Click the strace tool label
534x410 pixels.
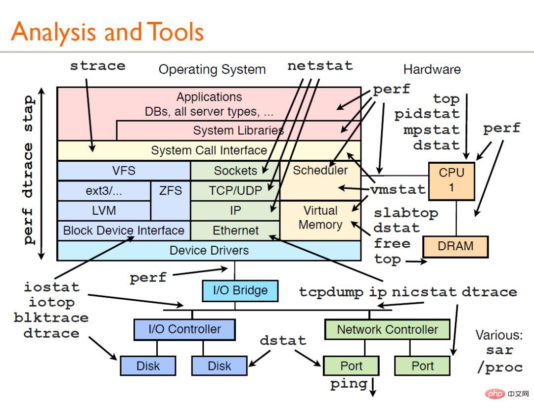coord(97,66)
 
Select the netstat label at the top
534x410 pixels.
coord(320,66)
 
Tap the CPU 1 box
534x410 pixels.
coord(451,181)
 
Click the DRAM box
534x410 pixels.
coord(455,246)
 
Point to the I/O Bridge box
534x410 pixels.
coord(240,291)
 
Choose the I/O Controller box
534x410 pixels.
coord(184,329)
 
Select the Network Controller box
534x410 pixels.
coord(387,329)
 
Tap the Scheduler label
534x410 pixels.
coord(320,171)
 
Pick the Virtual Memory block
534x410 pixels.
coord(320,218)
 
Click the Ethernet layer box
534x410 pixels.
coord(235,230)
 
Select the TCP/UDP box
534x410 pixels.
coord(235,190)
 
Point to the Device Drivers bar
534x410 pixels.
coord(209,251)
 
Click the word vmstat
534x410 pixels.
coord(399,189)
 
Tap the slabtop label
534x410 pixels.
coord(406,213)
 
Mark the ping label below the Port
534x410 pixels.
coord(349,384)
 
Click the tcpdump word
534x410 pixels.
coord(332,292)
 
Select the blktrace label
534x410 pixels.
coord(51,318)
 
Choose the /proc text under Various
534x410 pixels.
coord(499,367)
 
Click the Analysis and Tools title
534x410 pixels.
coord(107,32)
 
